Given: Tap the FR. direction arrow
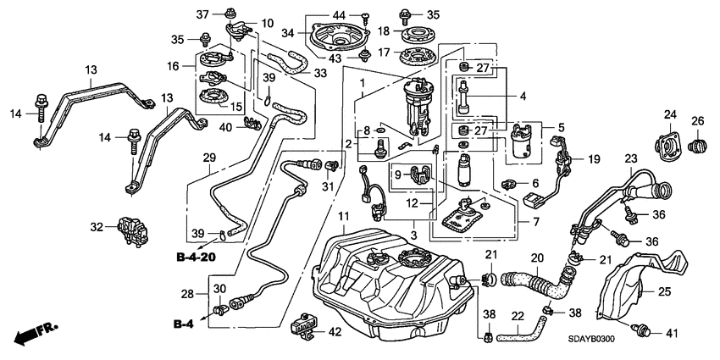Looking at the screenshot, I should tap(34, 331).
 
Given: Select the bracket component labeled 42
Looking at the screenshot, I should tap(304, 325).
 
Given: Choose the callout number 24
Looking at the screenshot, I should tap(669, 114).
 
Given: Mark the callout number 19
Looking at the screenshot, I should tap(595, 159).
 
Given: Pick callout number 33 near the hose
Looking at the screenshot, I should tap(320, 73).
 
